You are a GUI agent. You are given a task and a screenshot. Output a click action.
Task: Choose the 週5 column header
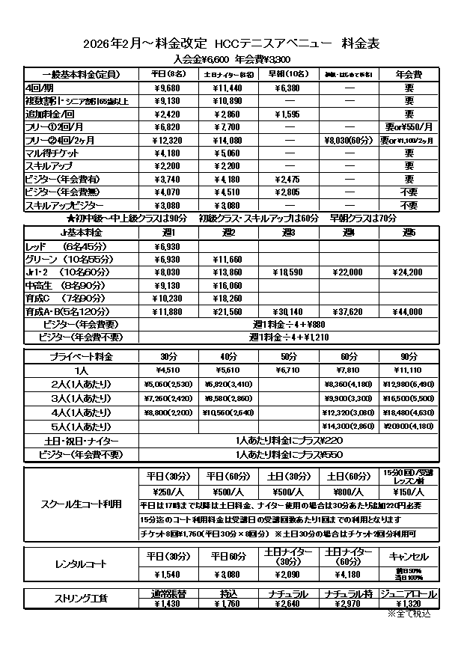409,233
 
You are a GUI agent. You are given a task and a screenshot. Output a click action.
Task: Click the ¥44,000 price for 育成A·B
409,311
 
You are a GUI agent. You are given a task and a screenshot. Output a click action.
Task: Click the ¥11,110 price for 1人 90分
409,370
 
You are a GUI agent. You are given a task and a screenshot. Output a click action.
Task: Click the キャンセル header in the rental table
409,556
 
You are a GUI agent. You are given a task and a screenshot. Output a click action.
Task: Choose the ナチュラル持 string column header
349,593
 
